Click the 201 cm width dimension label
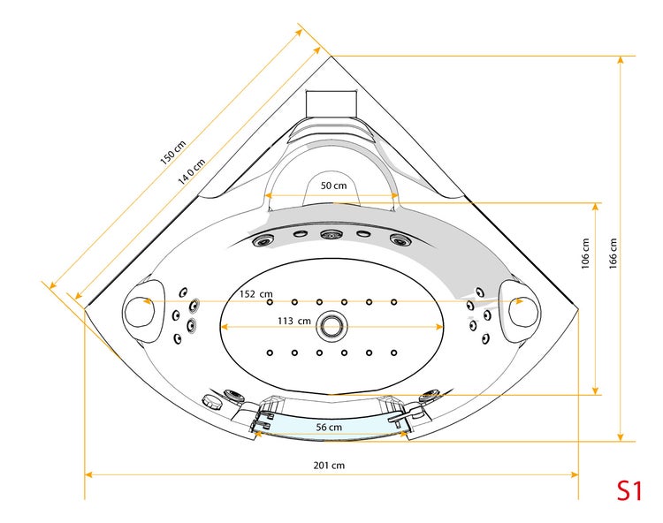click(x=329, y=466)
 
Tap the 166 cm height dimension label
click(x=613, y=254)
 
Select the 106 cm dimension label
click(x=585, y=254)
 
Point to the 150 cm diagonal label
click(x=173, y=153)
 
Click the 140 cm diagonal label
click(x=192, y=172)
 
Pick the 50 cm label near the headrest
click(x=333, y=186)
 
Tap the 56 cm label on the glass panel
click(x=329, y=427)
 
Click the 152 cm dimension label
click(x=255, y=293)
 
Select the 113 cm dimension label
click(x=293, y=321)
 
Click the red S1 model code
click(x=629, y=491)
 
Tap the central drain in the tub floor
click(x=332, y=327)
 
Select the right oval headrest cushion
click(x=519, y=310)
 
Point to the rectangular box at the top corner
click(x=331, y=102)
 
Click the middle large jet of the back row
click(x=331, y=234)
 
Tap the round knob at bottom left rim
click(x=212, y=401)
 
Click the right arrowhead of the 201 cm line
click(x=575, y=474)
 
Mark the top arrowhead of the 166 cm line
click(x=621, y=59)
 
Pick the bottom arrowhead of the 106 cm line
click(x=595, y=391)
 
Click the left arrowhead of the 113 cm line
click(x=225, y=327)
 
